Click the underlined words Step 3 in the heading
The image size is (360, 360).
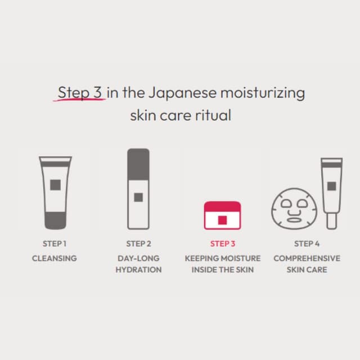80,92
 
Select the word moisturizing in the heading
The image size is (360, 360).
263,92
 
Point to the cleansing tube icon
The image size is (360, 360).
55,192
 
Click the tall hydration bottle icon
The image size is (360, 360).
138,188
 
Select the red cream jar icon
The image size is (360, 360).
222,215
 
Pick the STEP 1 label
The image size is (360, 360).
55,244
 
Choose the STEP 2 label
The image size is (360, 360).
138,244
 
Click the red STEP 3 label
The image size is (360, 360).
222,244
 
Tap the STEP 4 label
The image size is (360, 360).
307,244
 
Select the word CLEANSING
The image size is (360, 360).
55,258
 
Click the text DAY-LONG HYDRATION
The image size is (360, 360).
138,264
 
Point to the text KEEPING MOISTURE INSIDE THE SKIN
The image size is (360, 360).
222,264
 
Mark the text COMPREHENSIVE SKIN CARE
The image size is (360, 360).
307,264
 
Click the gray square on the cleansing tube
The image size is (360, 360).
55,184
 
